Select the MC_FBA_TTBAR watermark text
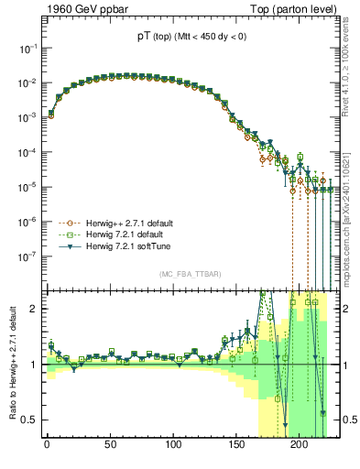186,274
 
